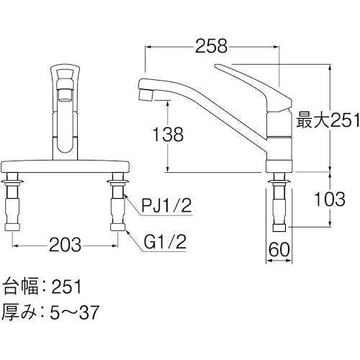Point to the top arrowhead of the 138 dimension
point(168,102)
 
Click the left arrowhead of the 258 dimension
point(149,47)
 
